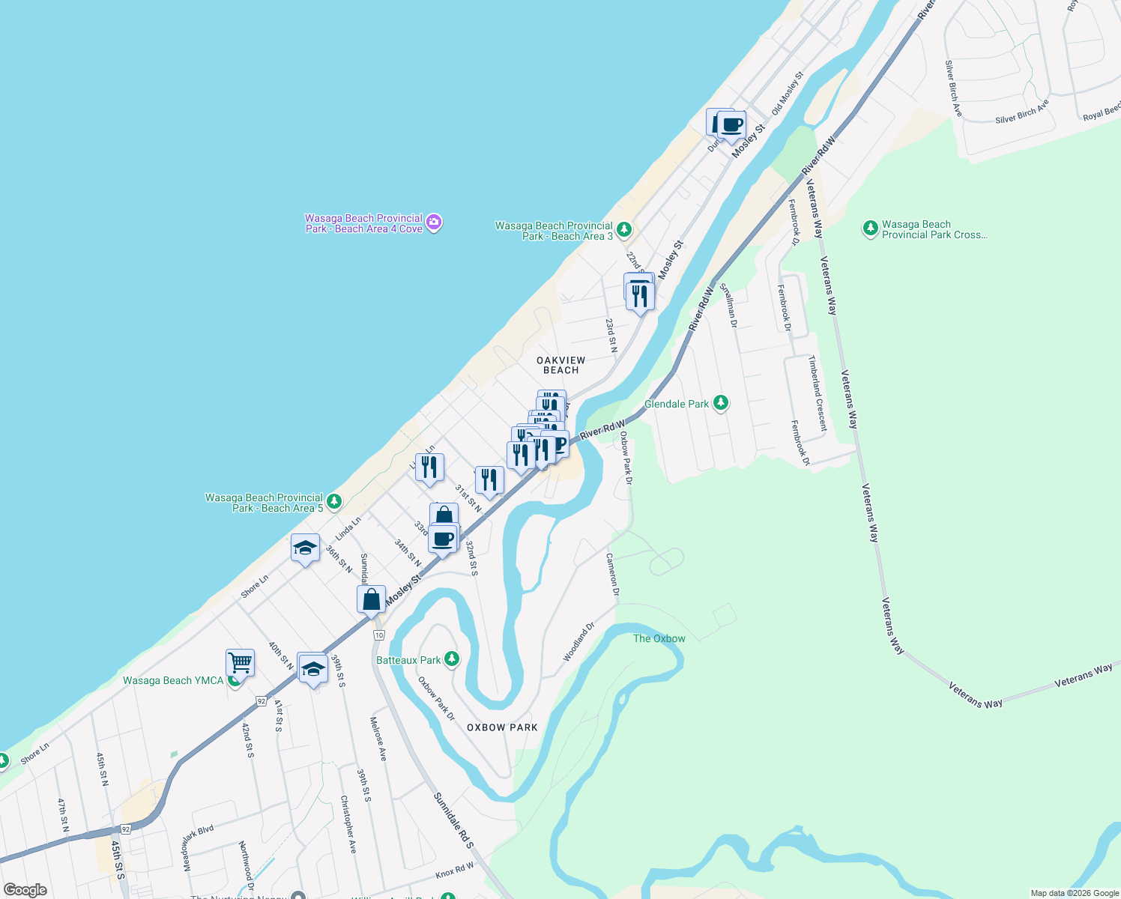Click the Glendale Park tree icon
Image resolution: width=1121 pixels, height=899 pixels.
pyautogui.click(x=720, y=403)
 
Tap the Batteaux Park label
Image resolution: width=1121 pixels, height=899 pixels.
pyautogui.click(x=408, y=660)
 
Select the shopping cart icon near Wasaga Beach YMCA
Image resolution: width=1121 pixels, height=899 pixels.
pyautogui.click(x=240, y=662)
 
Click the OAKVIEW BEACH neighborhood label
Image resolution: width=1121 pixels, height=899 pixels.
pyautogui.click(x=560, y=365)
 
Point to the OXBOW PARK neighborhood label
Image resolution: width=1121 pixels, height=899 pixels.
pyautogui.click(x=502, y=727)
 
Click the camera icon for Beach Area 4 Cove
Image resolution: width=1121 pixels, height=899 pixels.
pyautogui.click(x=434, y=223)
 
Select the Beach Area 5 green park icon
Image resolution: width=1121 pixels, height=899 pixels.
pyautogui.click(x=334, y=502)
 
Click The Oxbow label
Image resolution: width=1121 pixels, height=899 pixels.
pyautogui.click(x=659, y=638)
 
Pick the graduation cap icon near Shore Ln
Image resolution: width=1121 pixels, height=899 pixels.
pyautogui.click(x=305, y=548)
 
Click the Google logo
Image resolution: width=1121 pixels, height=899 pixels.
pyautogui.click(x=25, y=890)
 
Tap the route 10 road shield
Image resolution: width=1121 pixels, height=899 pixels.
pyautogui.click(x=379, y=635)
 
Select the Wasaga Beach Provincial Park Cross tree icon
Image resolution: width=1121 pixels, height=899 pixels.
pyautogui.click(x=870, y=228)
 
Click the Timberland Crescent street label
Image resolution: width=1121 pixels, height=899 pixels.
pyautogui.click(x=817, y=393)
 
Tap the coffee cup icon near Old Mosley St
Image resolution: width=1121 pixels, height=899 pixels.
pyautogui.click(x=732, y=125)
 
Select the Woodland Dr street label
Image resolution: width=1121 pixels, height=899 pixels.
pyautogui.click(x=579, y=641)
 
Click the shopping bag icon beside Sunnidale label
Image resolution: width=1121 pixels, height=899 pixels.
pyautogui.click(x=372, y=600)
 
